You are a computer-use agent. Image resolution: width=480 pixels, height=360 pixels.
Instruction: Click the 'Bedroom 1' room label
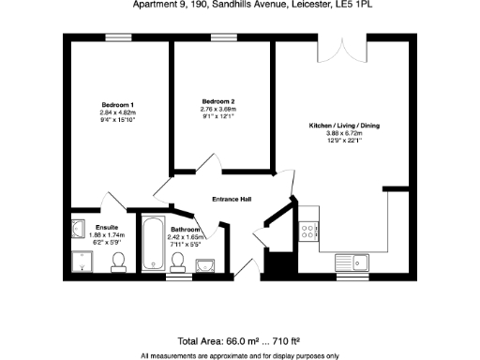coord(118,104)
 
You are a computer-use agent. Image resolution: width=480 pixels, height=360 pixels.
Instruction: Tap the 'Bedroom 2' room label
coord(217,101)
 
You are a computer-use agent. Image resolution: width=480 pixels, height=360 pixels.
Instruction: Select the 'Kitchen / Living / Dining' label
coord(344,126)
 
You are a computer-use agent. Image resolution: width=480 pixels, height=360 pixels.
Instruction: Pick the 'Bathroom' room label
coord(185,230)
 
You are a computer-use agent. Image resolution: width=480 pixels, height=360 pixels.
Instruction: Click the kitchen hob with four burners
coord(307,229)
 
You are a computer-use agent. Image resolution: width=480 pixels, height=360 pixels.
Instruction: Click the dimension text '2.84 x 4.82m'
coord(118,112)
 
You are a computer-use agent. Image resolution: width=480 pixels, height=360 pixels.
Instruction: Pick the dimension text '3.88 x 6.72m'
coord(344,133)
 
